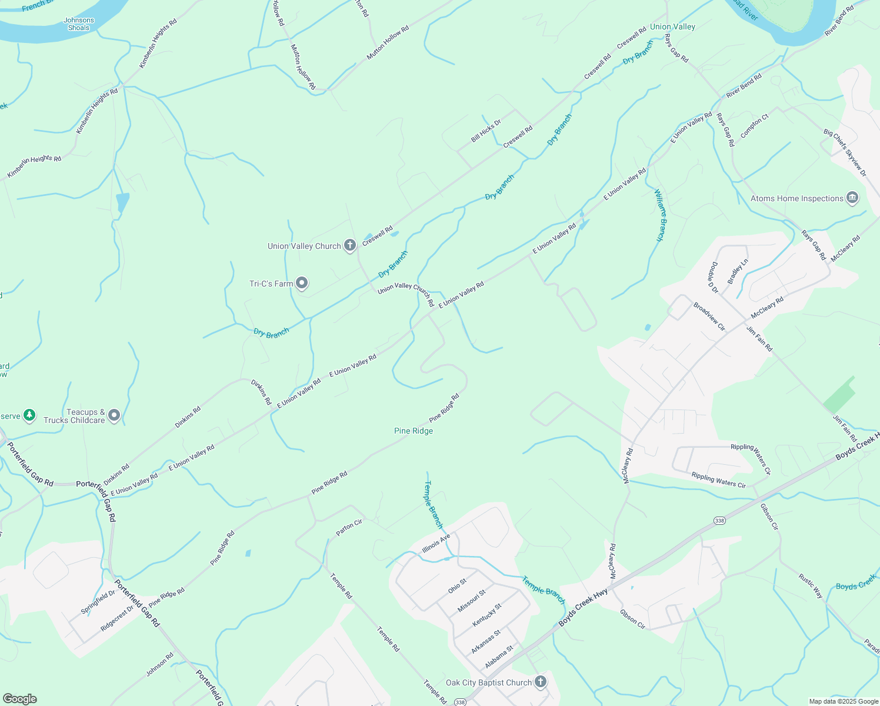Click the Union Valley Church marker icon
point(350,245)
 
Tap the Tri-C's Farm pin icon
point(302,284)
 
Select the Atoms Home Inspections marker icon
point(852,198)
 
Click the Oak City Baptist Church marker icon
point(540,682)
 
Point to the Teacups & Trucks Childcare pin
point(115,416)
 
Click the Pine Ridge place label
point(414,431)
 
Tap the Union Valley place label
point(672,26)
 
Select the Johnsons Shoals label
point(79,24)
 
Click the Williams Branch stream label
point(662,215)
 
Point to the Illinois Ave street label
point(436,543)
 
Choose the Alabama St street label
point(499,657)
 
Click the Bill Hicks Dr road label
point(486,131)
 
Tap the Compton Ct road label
point(754,126)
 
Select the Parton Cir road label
point(349,527)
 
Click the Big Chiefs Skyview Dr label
point(845,153)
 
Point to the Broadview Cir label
point(709,316)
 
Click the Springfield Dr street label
point(98,602)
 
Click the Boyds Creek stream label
point(856,582)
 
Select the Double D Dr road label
point(713,277)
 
